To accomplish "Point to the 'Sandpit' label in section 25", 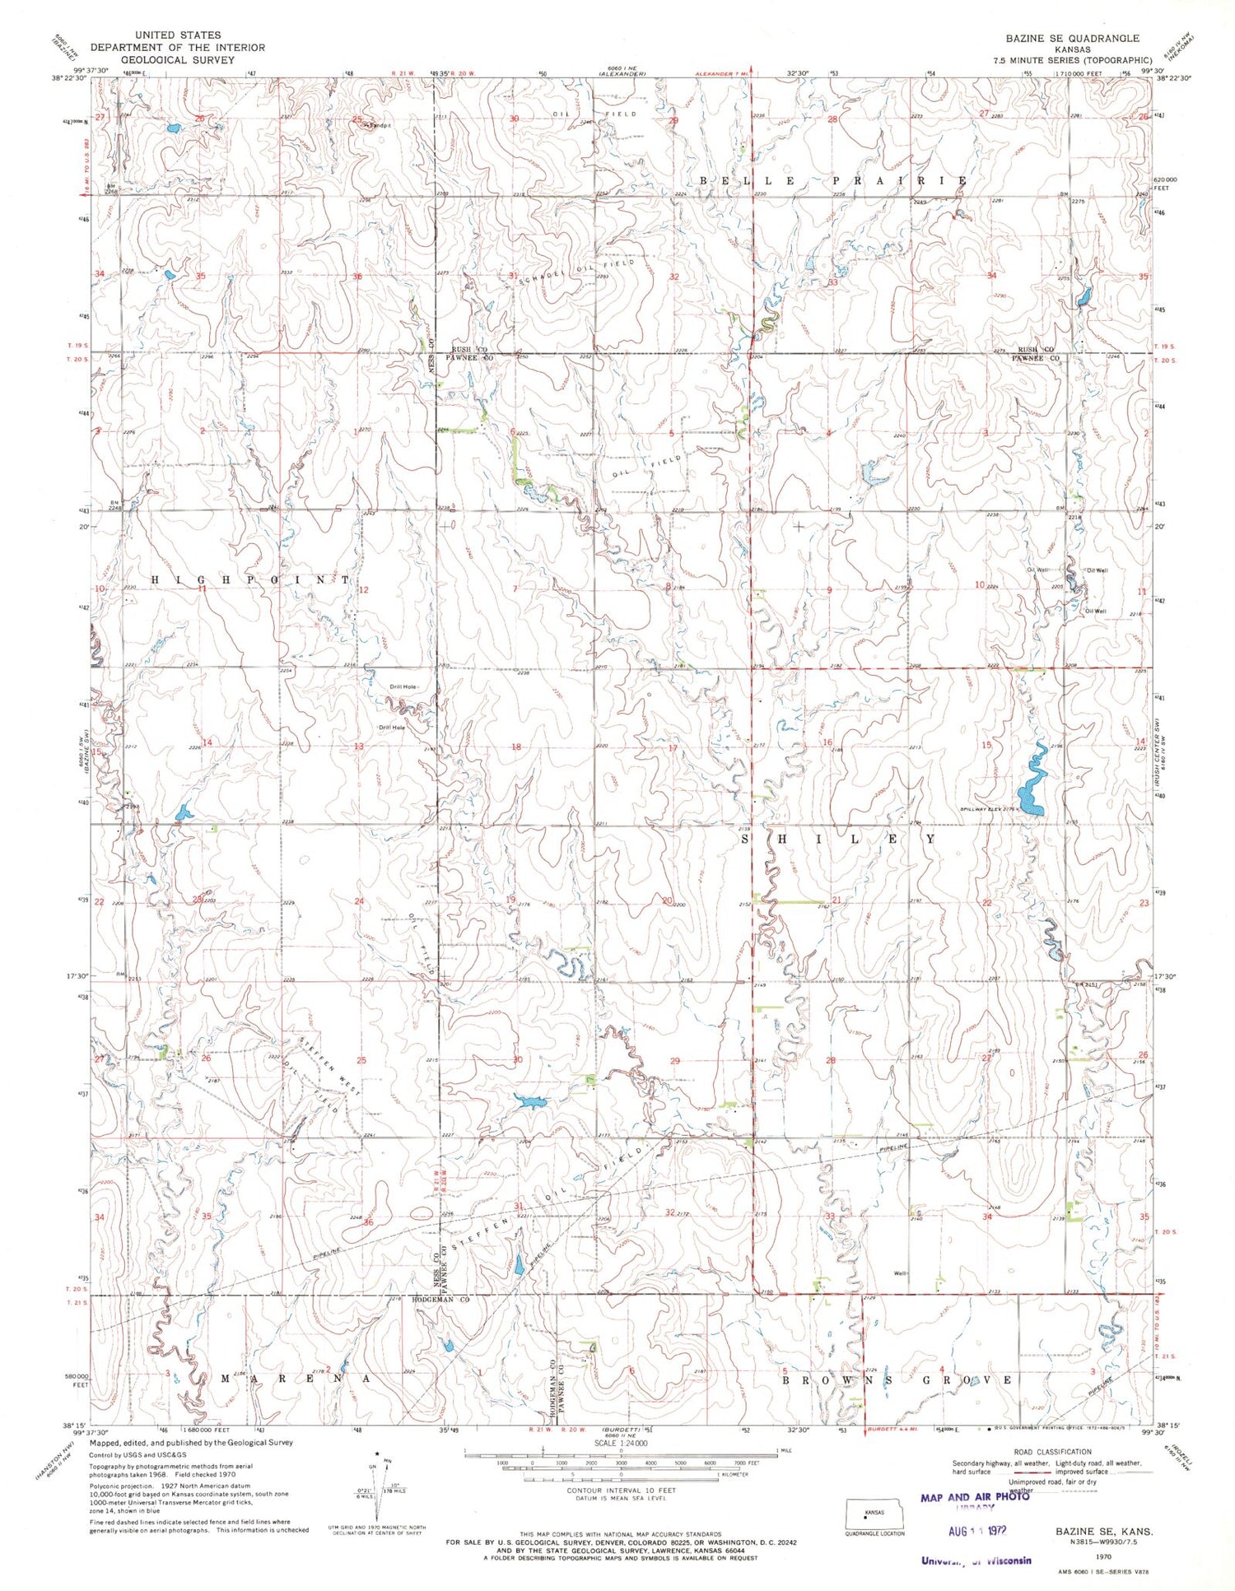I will (376, 126).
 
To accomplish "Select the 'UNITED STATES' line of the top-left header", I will (178, 35).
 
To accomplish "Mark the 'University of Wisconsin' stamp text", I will (975, 1560).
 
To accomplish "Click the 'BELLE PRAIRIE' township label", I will (833, 180).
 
